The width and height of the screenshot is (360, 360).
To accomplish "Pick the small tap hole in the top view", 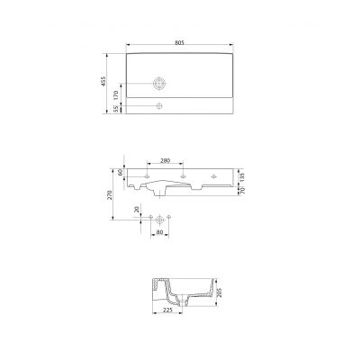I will click(x=159, y=107).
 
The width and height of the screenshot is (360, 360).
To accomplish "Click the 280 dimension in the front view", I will click(x=164, y=162).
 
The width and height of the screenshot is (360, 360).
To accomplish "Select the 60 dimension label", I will click(x=120, y=172).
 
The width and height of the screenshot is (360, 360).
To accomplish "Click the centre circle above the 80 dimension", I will click(x=159, y=219).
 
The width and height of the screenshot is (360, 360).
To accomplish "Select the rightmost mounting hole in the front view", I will click(x=216, y=174).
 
